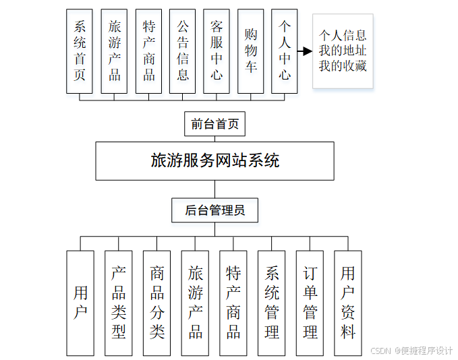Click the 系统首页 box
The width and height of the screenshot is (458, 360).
(x=80, y=51)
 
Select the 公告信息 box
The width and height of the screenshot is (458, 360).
(x=182, y=51)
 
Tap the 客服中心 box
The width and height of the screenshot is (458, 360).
(x=217, y=51)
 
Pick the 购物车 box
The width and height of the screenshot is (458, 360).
(x=251, y=51)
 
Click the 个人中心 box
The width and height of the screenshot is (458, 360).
(x=285, y=51)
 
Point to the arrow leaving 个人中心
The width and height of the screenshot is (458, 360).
(x=305, y=51)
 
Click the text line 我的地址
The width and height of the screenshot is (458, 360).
(x=343, y=51)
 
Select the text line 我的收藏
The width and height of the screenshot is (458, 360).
(x=343, y=66)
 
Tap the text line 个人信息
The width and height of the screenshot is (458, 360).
(x=343, y=35)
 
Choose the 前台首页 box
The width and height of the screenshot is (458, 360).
(x=214, y=124)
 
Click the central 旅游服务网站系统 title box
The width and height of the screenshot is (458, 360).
(x=214, y=161)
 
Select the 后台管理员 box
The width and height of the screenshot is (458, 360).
(x=214, y=210)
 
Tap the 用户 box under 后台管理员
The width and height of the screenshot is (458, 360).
(x=80, y=303)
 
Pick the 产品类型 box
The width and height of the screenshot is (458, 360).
(x=119, y=303)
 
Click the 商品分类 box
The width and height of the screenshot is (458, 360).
(x=156, y=303)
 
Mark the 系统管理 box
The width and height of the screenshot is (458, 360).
(x=272, y=303)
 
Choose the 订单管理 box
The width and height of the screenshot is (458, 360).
(x=310, y=303)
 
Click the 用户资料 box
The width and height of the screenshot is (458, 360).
(x=348, y=303)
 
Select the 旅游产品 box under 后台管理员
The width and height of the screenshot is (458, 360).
(x=195, y=303)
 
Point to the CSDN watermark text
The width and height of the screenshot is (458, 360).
(x=411, y=351)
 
